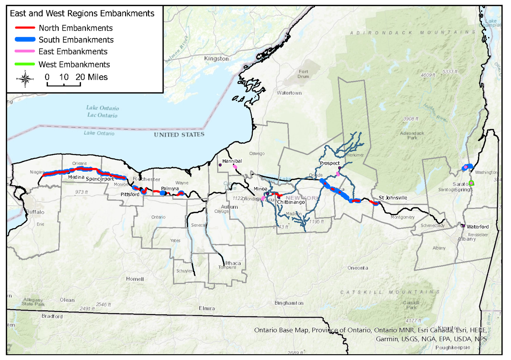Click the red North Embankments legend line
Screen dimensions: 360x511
pyautogui.click(x=25, y=28)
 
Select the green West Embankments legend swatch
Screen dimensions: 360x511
pyautogui.click(x=25, y=64)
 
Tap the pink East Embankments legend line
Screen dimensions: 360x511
pyautogui.click(x=25, y=51)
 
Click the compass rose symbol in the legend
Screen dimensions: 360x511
pyautogui.click(x=25, y=79)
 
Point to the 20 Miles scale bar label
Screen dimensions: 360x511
pyautogui.click(x=92, y=77)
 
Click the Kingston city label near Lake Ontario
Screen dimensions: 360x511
pyautogui.click(x=216, y=59)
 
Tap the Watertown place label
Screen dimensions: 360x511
pyautogui.click(x=289, y=93)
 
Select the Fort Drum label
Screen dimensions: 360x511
pyautogui.click(x=303, y=74)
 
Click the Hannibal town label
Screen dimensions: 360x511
pyautogui.click(x=232, y=161)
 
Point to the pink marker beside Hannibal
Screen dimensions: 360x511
pyautogui.click(x=235, y=167)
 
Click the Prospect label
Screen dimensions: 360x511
pyautogui.click(x=330, y=163)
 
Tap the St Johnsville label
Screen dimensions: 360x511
pyautogui.click(x=393, y=198)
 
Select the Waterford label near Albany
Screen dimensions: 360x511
pyautogui.click(x=478, y=226)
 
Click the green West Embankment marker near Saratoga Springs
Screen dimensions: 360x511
pyautogui.click(x=471, y=183)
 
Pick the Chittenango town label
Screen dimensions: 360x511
pyautogui.click(x=291, y=202)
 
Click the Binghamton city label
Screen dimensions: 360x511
pyautogui.click(x=289, y=303)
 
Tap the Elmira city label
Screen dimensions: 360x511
pyautogui.click(x=207, y=308)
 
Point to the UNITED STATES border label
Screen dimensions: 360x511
pyautogui.click(x=179, y=135)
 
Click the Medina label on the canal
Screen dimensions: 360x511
pyautogui.click(x=76, y=177)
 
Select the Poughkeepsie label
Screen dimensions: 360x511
pyautogui.click(x=452, y=347)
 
